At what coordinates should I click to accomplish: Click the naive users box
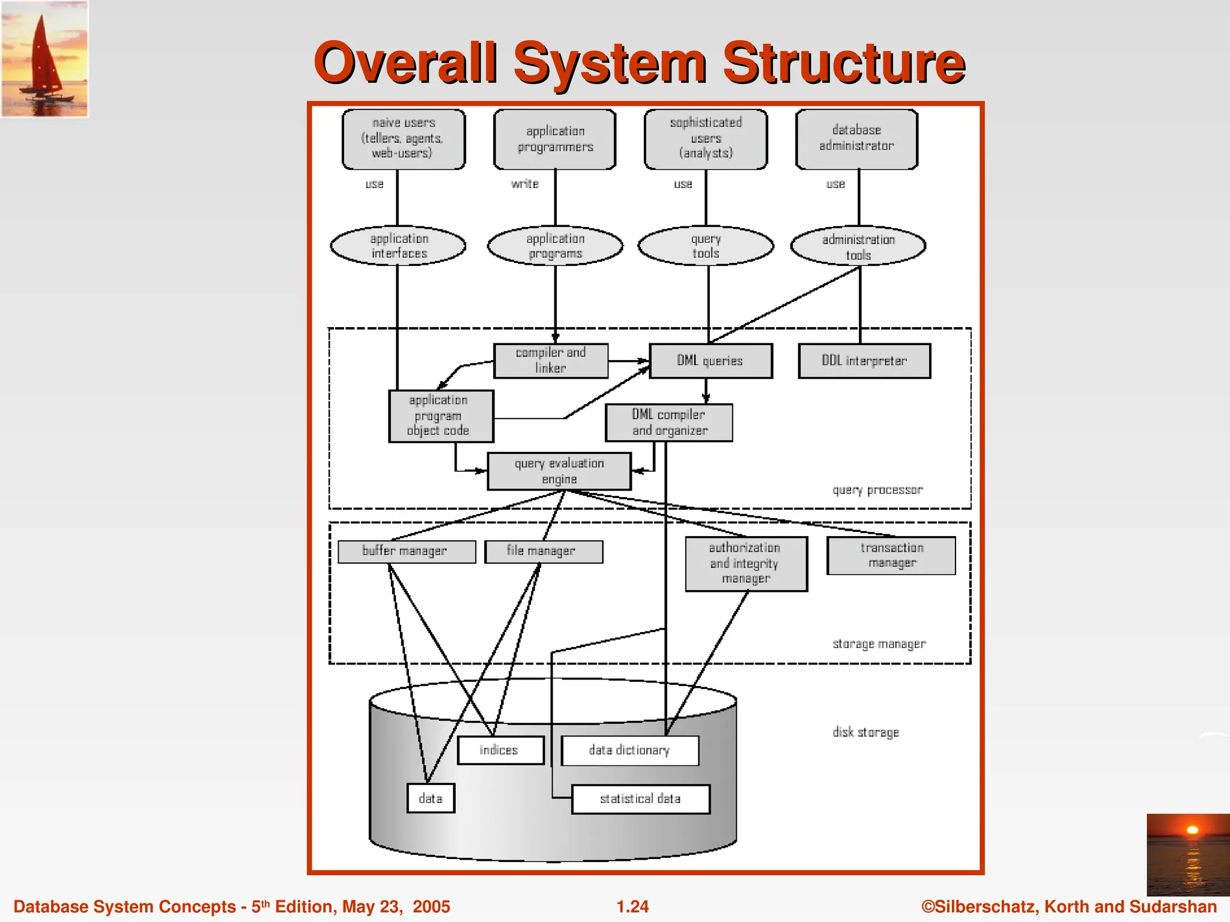coord(403,139)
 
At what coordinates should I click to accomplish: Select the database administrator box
coord(856,139)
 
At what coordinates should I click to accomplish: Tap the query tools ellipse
coord(705,246)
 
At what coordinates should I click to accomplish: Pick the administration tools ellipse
coord(858,246)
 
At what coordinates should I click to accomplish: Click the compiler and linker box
coord(551,360)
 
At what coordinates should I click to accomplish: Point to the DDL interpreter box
coord(864,361)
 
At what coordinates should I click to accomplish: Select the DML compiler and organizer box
coord(669,423)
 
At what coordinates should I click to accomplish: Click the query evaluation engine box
coord(559,471)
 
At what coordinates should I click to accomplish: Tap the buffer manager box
coord(406,551)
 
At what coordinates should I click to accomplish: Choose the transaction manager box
coord(891,555)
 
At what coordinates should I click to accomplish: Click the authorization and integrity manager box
coord(746,564)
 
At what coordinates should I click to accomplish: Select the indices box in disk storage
coord(500,750)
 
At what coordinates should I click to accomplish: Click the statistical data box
coord(640,799)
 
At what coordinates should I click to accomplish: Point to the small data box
coord(431,798)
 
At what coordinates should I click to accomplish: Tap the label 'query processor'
coord(877,490)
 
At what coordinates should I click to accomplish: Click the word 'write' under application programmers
coord(525,184)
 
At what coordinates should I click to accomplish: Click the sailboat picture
coord(44,58)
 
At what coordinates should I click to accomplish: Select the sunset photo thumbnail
coord(1187,854)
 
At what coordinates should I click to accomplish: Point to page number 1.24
coord(632,906)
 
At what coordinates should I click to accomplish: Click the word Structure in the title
coord(844,62)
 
